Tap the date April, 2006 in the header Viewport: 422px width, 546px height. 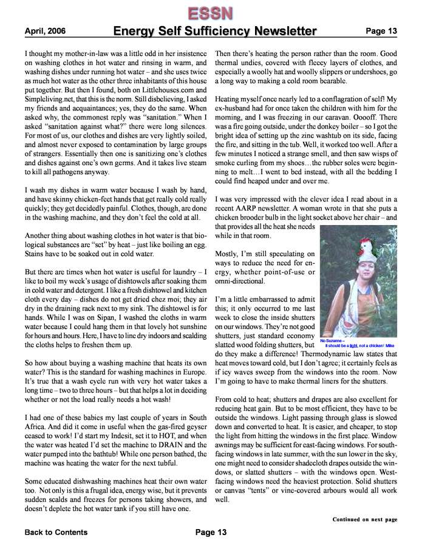point(46,31)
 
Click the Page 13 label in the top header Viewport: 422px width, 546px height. point(381,31)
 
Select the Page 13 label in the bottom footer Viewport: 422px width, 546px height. point(211,533)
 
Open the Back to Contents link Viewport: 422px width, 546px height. point(56,533)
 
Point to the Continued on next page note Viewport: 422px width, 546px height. point(364,519)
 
